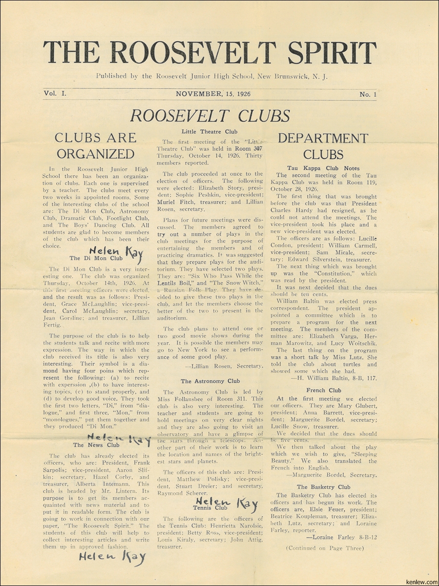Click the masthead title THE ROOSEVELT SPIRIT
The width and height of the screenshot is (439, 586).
tap(210, 52)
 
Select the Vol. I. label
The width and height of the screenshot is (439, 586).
tap(56, 94)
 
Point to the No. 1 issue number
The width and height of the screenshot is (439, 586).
tap(365, 95)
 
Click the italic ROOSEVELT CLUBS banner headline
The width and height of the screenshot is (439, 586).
tap(210, 116)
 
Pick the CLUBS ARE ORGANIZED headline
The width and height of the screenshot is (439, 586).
tap(95, 146)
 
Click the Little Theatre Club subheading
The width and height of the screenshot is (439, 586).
tap(209, 131)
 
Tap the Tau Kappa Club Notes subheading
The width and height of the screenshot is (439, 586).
tap(323, 168)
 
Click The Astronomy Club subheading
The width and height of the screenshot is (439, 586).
tap(210, 381)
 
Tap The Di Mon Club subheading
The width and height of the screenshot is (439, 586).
tap(96, 258)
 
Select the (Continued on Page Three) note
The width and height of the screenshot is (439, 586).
tap(324, 548)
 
